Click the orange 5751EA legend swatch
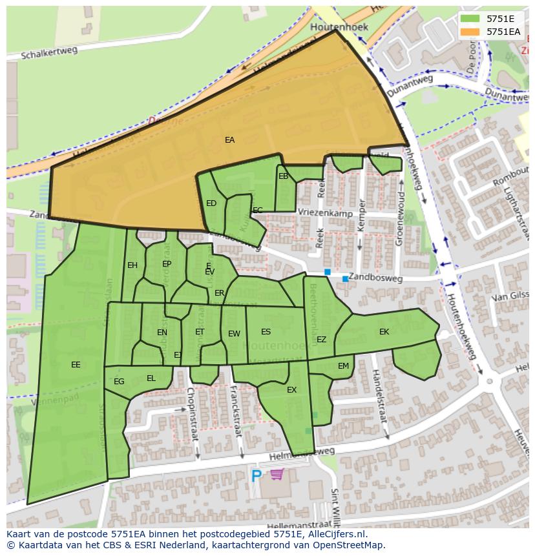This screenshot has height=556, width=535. (471, 31)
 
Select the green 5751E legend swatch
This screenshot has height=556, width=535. (471, 19)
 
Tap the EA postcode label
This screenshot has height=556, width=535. (230, 140)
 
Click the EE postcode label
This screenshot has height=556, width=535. (76, 365)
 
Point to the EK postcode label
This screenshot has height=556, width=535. (384, 332)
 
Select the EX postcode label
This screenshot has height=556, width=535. (291, 390)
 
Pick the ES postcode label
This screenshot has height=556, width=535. (266, 332)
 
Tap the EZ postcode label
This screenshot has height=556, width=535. (321, 340)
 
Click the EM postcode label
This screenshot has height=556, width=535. (343, 366)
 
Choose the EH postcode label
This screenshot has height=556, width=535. (132, 265)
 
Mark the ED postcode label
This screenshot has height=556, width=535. (211, 203)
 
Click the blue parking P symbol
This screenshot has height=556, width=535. (257, 476)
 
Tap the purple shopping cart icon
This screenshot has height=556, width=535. (277, 475)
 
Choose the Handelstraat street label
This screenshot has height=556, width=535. (379, 396)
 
